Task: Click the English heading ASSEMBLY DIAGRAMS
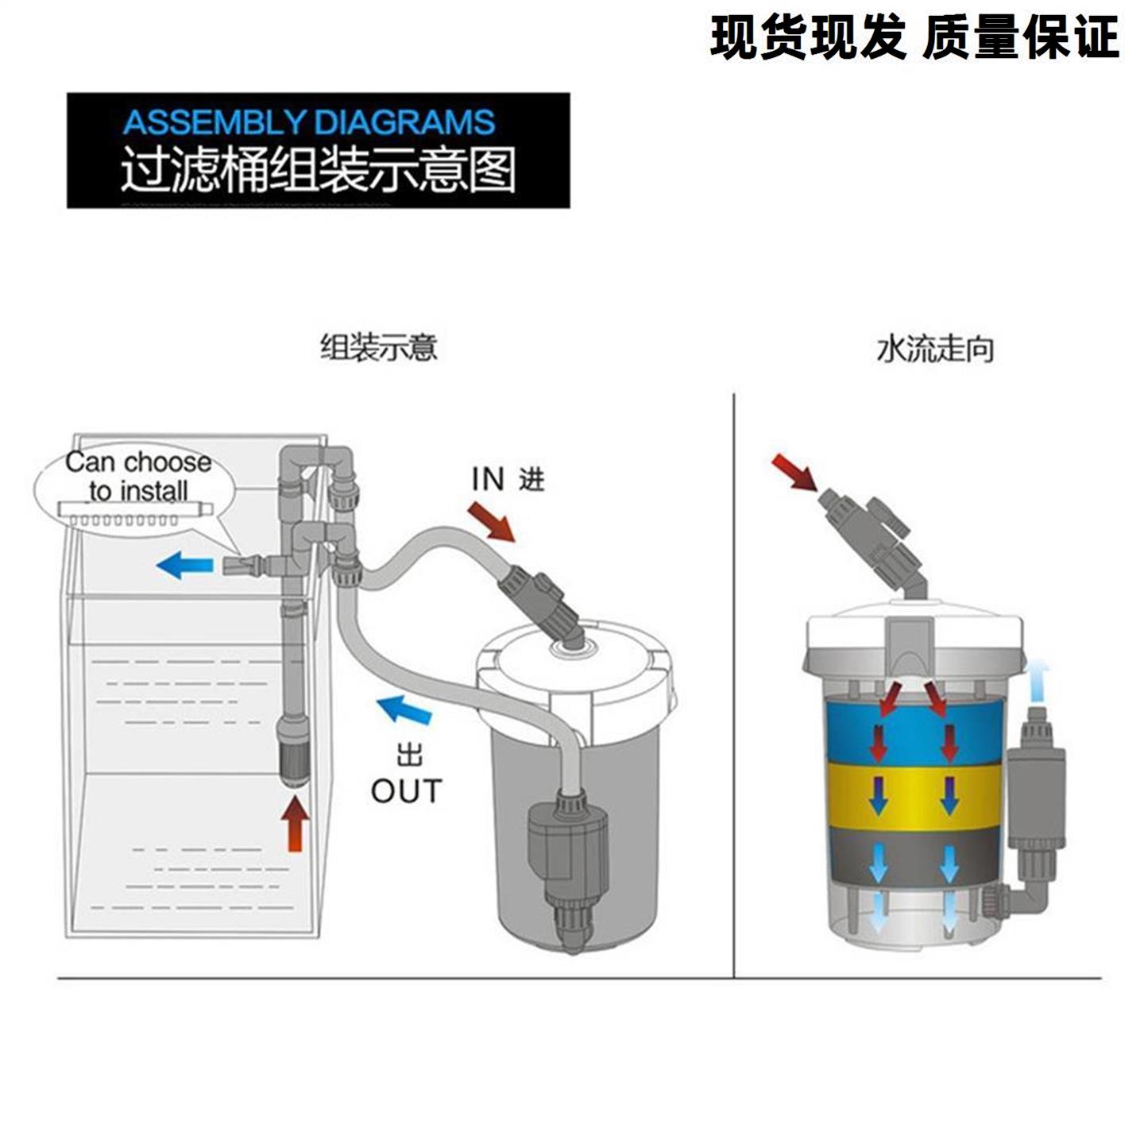click(x=309, y=123)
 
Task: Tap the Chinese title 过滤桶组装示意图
click(x=318, y=170)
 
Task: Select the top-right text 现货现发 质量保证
click(x=914, y=37)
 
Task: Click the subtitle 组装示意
click(x=379, y=348)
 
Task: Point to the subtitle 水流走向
click(x=935, y=350)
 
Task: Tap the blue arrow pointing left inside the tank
click(x=184, y=566)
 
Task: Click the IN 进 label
click(x=508, y=480)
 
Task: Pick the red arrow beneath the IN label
click(x=492, y=521)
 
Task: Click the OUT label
click(x=406, y=791)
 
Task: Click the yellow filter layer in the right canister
click(x=914, y=794)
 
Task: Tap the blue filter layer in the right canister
click(x=914, y=732)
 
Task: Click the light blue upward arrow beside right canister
click(x=1038, y=680)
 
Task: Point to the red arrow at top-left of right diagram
click(x=794, y=473)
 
